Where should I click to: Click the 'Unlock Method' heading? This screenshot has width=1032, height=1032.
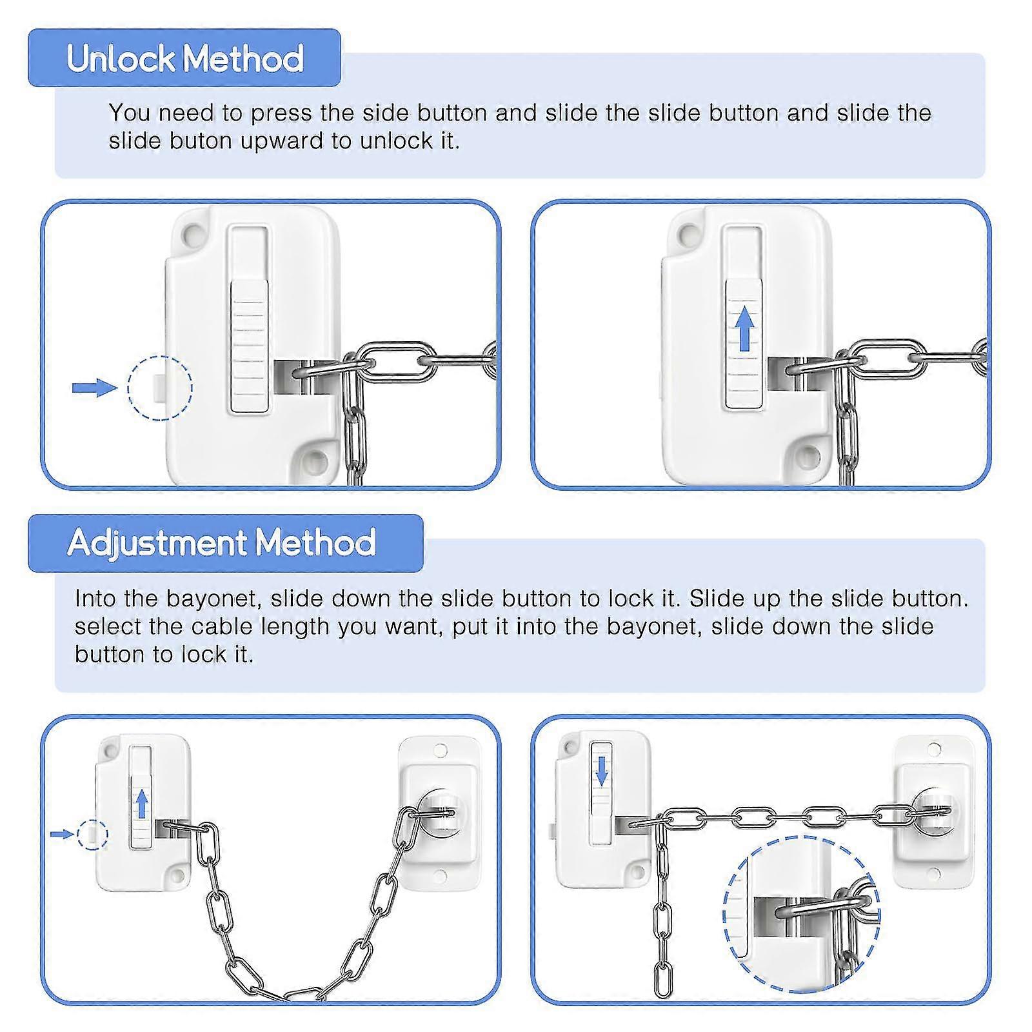tap(185, 59)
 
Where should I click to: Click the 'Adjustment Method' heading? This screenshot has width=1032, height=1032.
tap(221, 542)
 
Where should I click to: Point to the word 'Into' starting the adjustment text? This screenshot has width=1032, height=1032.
tap(95, 599)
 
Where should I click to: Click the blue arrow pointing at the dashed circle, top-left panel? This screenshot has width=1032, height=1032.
tap(95, 388)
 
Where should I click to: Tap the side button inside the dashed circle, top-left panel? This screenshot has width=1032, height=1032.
tap(159, 388)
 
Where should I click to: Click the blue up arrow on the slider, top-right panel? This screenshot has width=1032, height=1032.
tap(745, 328)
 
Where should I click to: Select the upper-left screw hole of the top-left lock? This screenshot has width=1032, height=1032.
tap(191, 235)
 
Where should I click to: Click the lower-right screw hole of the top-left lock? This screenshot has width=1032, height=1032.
tap(315, 460)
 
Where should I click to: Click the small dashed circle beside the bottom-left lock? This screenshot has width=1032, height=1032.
tap(92, 835)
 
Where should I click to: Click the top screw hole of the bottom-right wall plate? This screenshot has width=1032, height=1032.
tap(934, 749)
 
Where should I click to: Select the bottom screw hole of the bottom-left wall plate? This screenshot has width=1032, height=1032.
tap(441, 875)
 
